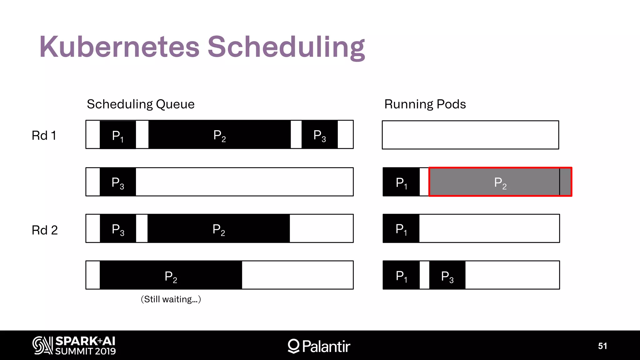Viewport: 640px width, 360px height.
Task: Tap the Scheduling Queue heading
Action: [x=141, y=104]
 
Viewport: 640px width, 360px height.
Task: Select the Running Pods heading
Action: [x=425, y=104]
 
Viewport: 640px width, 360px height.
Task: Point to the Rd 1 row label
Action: [x=44, y=136]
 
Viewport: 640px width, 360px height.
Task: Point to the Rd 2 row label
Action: [x=45, y=230]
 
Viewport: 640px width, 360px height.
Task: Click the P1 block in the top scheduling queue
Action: [x=118, y=135]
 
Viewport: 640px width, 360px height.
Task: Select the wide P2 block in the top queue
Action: [x=219, y=135]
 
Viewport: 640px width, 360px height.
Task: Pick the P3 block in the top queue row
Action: [x=319, y=135]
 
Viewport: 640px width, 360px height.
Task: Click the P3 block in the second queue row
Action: [x=118, y=182]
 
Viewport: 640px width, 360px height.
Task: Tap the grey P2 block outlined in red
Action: [x=500, y=182]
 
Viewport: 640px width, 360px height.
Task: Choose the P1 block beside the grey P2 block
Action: [x=401, y=182]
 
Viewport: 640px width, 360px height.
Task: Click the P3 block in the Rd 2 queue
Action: [x=118, y=229]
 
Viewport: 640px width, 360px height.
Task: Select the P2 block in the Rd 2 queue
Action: [x=218, y=229]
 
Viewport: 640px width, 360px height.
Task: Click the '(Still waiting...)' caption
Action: [x=171, y=299]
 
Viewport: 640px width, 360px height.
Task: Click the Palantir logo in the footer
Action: [x=319, y=346]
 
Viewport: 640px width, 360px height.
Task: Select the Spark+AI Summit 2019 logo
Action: [x=74, y=346]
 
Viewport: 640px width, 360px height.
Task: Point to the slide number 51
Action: [x=602, y=346]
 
